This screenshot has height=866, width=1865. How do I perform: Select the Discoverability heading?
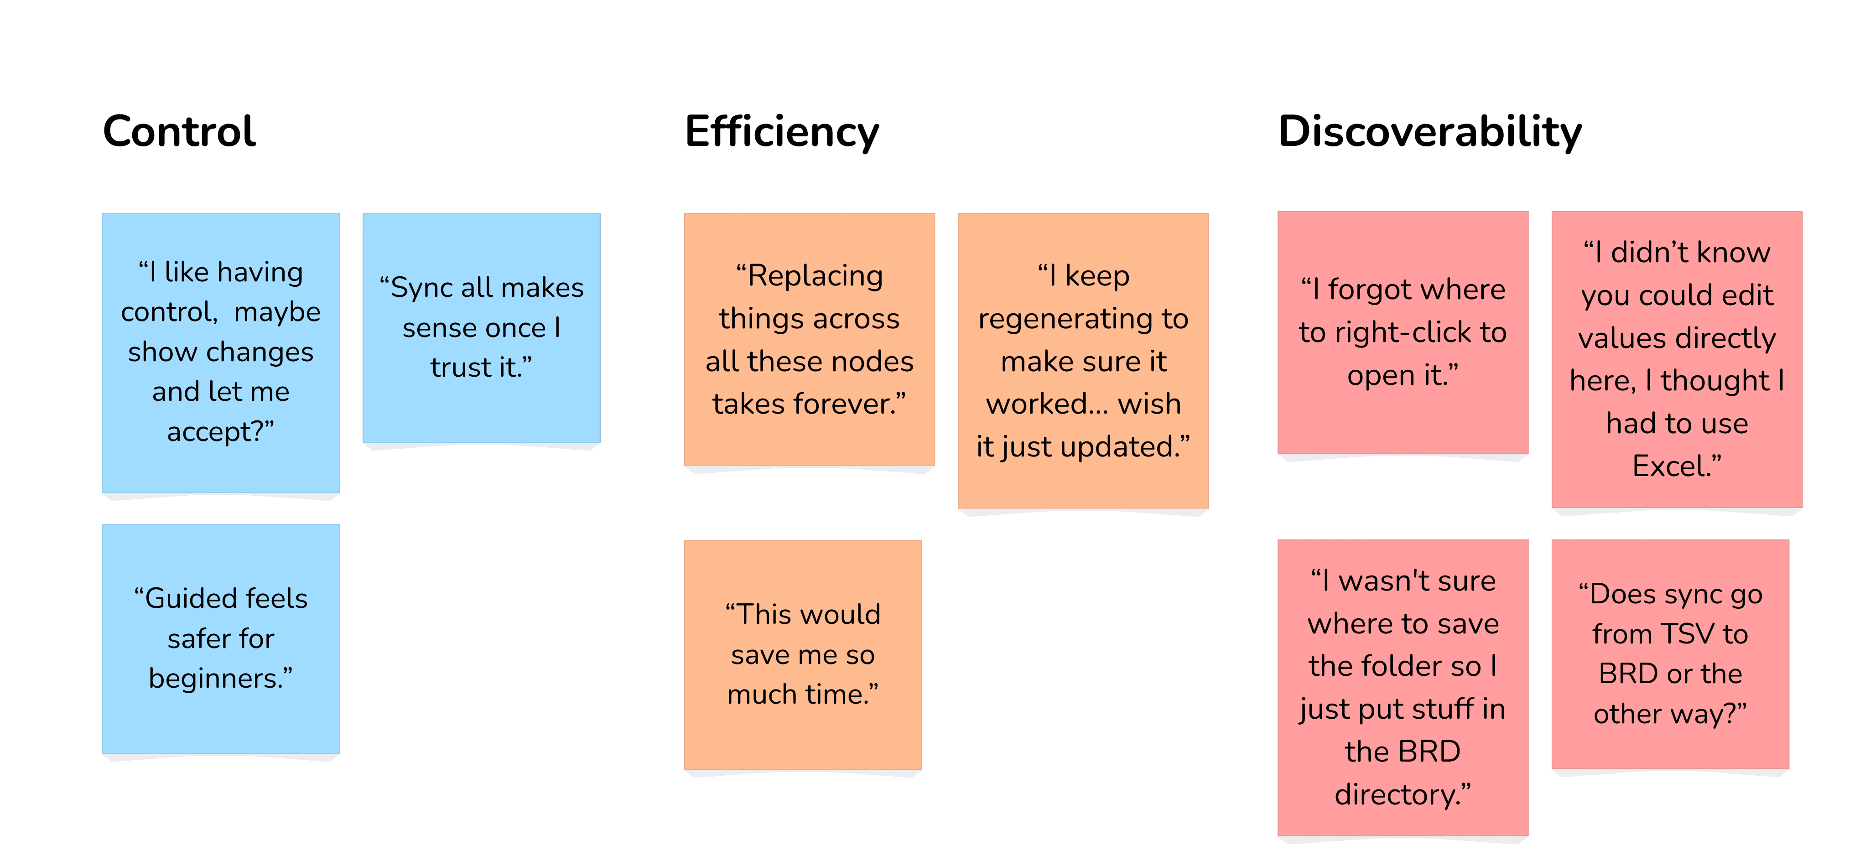pos(1430,132)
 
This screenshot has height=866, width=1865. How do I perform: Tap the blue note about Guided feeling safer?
pos(221,638)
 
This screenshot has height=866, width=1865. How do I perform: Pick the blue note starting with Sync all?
pos(482,327)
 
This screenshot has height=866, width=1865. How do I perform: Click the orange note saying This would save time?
pos(803,654)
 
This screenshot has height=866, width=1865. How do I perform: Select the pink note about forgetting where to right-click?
pos(1403,332)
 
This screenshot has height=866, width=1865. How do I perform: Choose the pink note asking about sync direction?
pos(1670,654)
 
